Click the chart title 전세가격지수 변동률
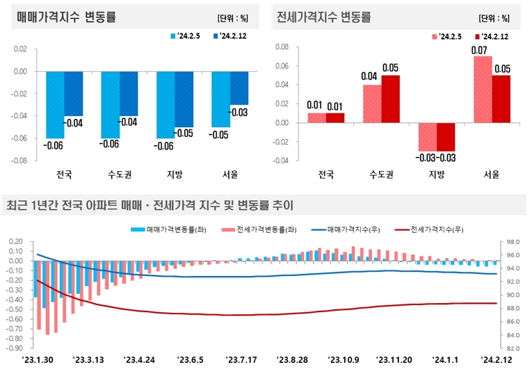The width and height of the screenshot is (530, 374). tap(323, 17)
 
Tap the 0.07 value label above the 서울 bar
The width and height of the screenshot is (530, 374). tap(479, 50)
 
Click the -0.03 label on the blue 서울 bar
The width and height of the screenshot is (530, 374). tap(239, 113)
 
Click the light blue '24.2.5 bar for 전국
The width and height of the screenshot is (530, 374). tap(56, 104)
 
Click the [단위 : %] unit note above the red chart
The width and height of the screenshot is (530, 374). tap(494, 17)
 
